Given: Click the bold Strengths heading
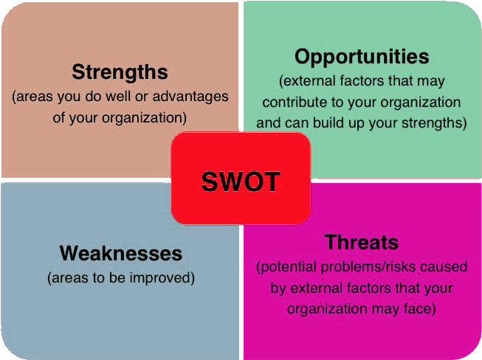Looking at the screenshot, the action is [120, 73].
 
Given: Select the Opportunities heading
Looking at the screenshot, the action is [362, 58].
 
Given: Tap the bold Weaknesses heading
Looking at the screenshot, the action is [121, 254].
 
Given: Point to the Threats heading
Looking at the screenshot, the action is [362, 243].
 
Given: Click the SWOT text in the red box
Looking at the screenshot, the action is [241, 181].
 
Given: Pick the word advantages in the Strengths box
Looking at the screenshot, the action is [190, 97].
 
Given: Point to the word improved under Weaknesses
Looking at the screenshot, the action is [160, 278].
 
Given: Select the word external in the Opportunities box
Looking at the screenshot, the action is [309, 81].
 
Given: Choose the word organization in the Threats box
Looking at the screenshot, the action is [328, 309].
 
